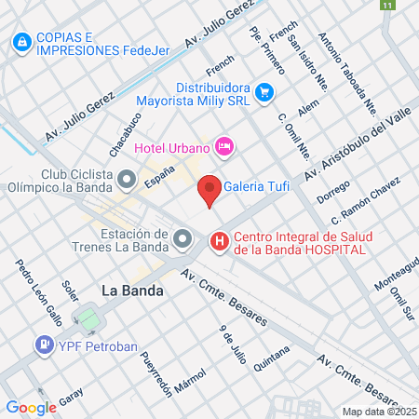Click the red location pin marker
click(210, 189)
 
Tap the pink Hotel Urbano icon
click(223, 146)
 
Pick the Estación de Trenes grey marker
click(181, 241)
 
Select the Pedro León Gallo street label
click(38, 291)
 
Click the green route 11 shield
click(385, 6)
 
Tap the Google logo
click(31, 407)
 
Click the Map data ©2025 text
click(379, 412)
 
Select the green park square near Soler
click(89, 319)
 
